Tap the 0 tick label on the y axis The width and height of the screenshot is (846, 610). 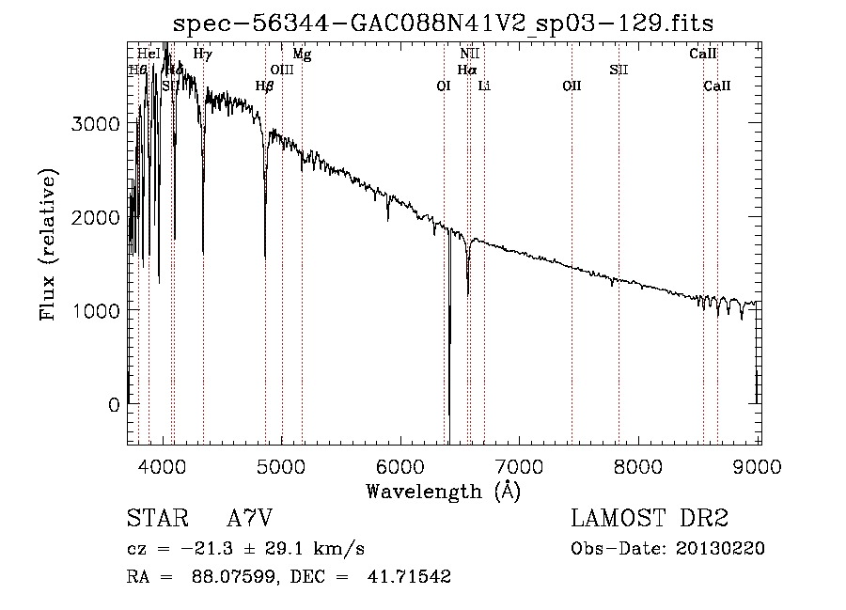pos(115,404)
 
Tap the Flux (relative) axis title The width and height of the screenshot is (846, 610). pos(48,244)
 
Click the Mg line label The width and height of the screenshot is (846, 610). pos(302,55)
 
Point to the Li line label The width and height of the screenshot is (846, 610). pos(484,86)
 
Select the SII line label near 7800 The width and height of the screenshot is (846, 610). pos(618,70)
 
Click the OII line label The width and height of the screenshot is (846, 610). pos(572,86)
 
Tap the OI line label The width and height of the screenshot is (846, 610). pos(444,86)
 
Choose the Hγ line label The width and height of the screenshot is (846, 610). pos(202,55)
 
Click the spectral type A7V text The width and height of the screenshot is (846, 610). pos(250,520)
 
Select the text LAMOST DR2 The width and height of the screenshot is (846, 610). pos(650,520)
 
